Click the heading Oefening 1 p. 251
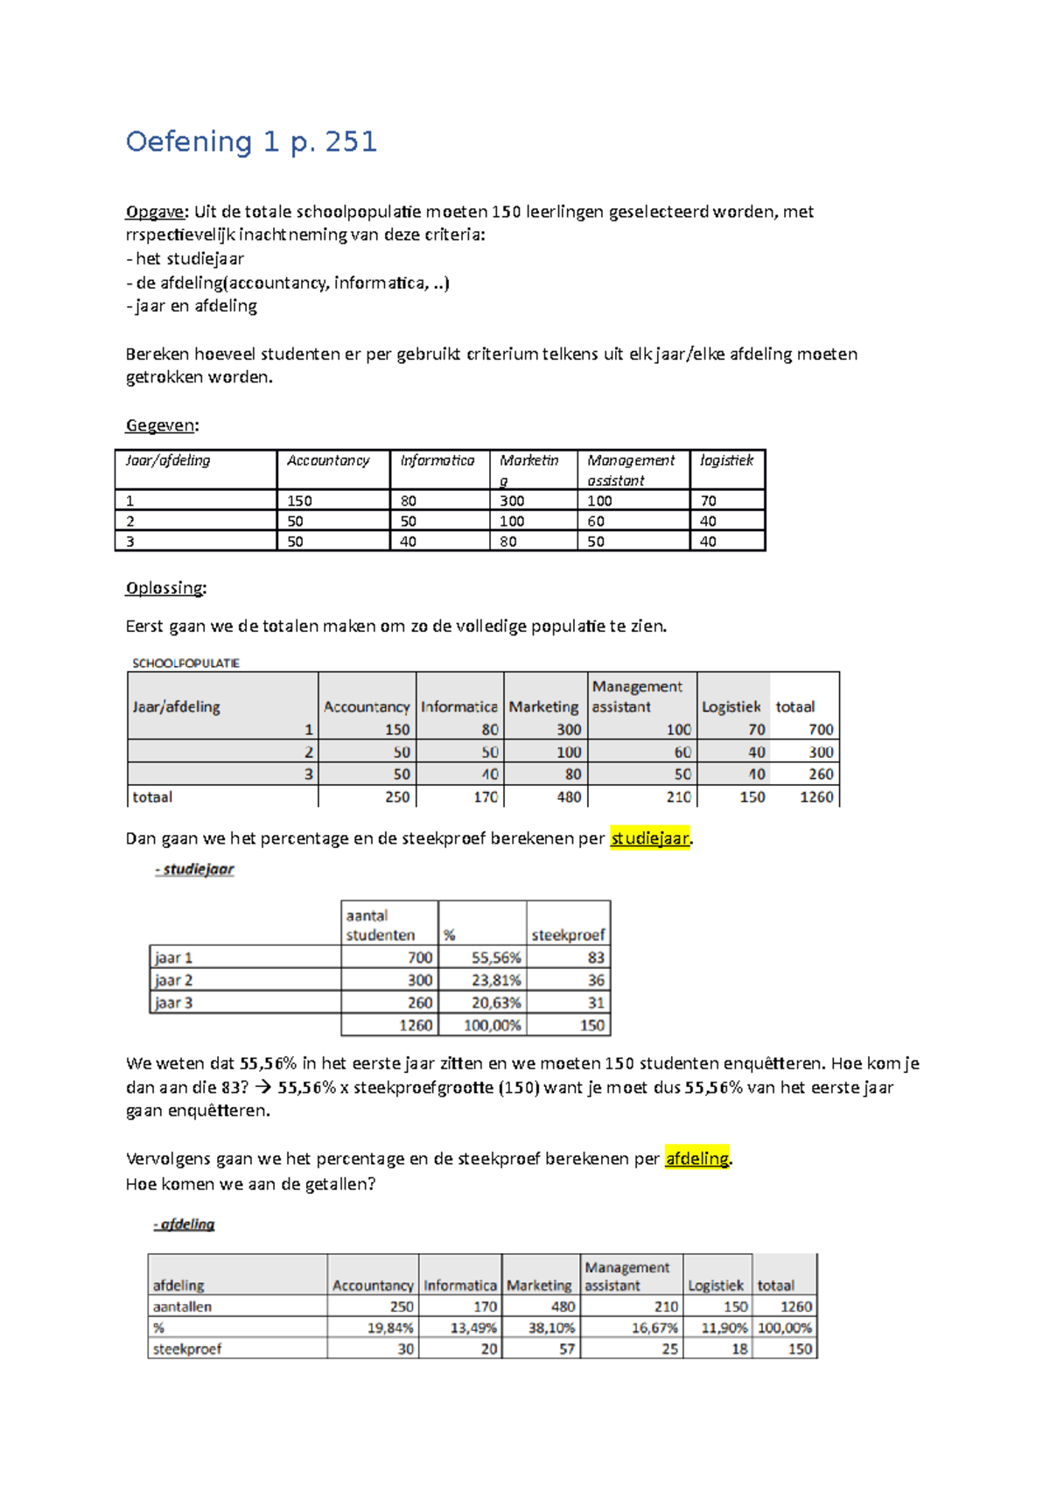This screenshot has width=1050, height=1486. (251, 142)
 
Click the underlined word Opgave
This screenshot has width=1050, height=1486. (155, 212)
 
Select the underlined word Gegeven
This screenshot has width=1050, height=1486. (160, 425)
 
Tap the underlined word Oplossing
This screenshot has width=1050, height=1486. (164, 588)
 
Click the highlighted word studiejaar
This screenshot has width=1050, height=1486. (649, 838)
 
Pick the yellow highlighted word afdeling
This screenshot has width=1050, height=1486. (696, 1159)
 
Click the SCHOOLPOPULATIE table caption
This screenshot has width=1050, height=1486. (185, 663)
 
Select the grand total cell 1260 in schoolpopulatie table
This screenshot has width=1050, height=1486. (815, 797)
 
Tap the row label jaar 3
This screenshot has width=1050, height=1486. (173, 1003)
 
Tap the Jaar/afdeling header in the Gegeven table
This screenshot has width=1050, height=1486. (168, 460)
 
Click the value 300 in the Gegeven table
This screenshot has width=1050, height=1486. (512, 501)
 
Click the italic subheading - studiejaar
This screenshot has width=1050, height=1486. (194, 869)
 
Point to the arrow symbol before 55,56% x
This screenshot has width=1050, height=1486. (262, 1088)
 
